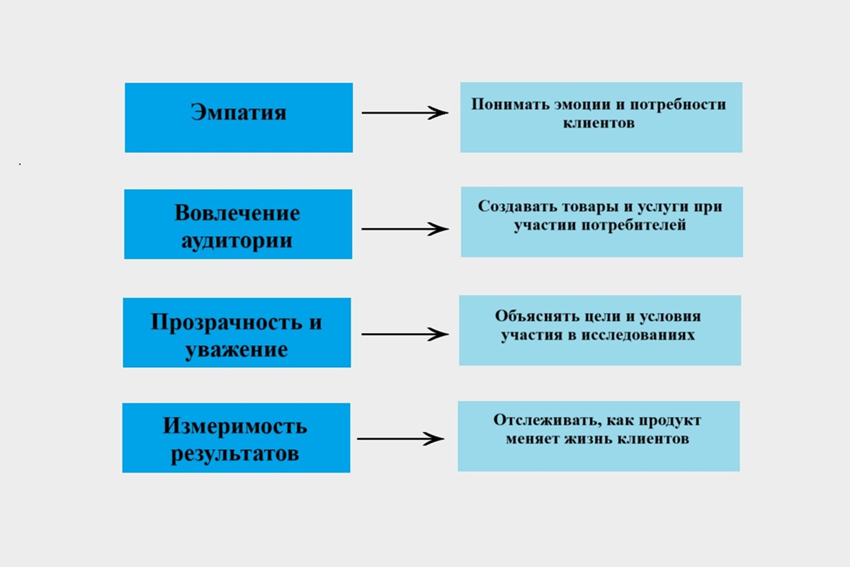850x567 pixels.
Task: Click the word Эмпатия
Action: pos(239,113)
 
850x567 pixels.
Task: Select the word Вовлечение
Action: pos(237,213)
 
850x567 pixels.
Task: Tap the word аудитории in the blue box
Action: pos(237,240)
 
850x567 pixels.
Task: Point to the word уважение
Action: pos(237,350)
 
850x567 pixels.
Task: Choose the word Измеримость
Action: pos(236,426)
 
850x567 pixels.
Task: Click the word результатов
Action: pos(236,454)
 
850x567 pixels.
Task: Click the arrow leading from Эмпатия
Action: pos(404,113)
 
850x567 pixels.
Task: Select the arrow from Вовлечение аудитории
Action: pos(404,229)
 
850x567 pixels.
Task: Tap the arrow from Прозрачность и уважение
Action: pos(404,335)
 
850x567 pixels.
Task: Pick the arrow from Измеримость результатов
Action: pos(400,439)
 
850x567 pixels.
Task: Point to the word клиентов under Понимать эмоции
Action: pos(601,123)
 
